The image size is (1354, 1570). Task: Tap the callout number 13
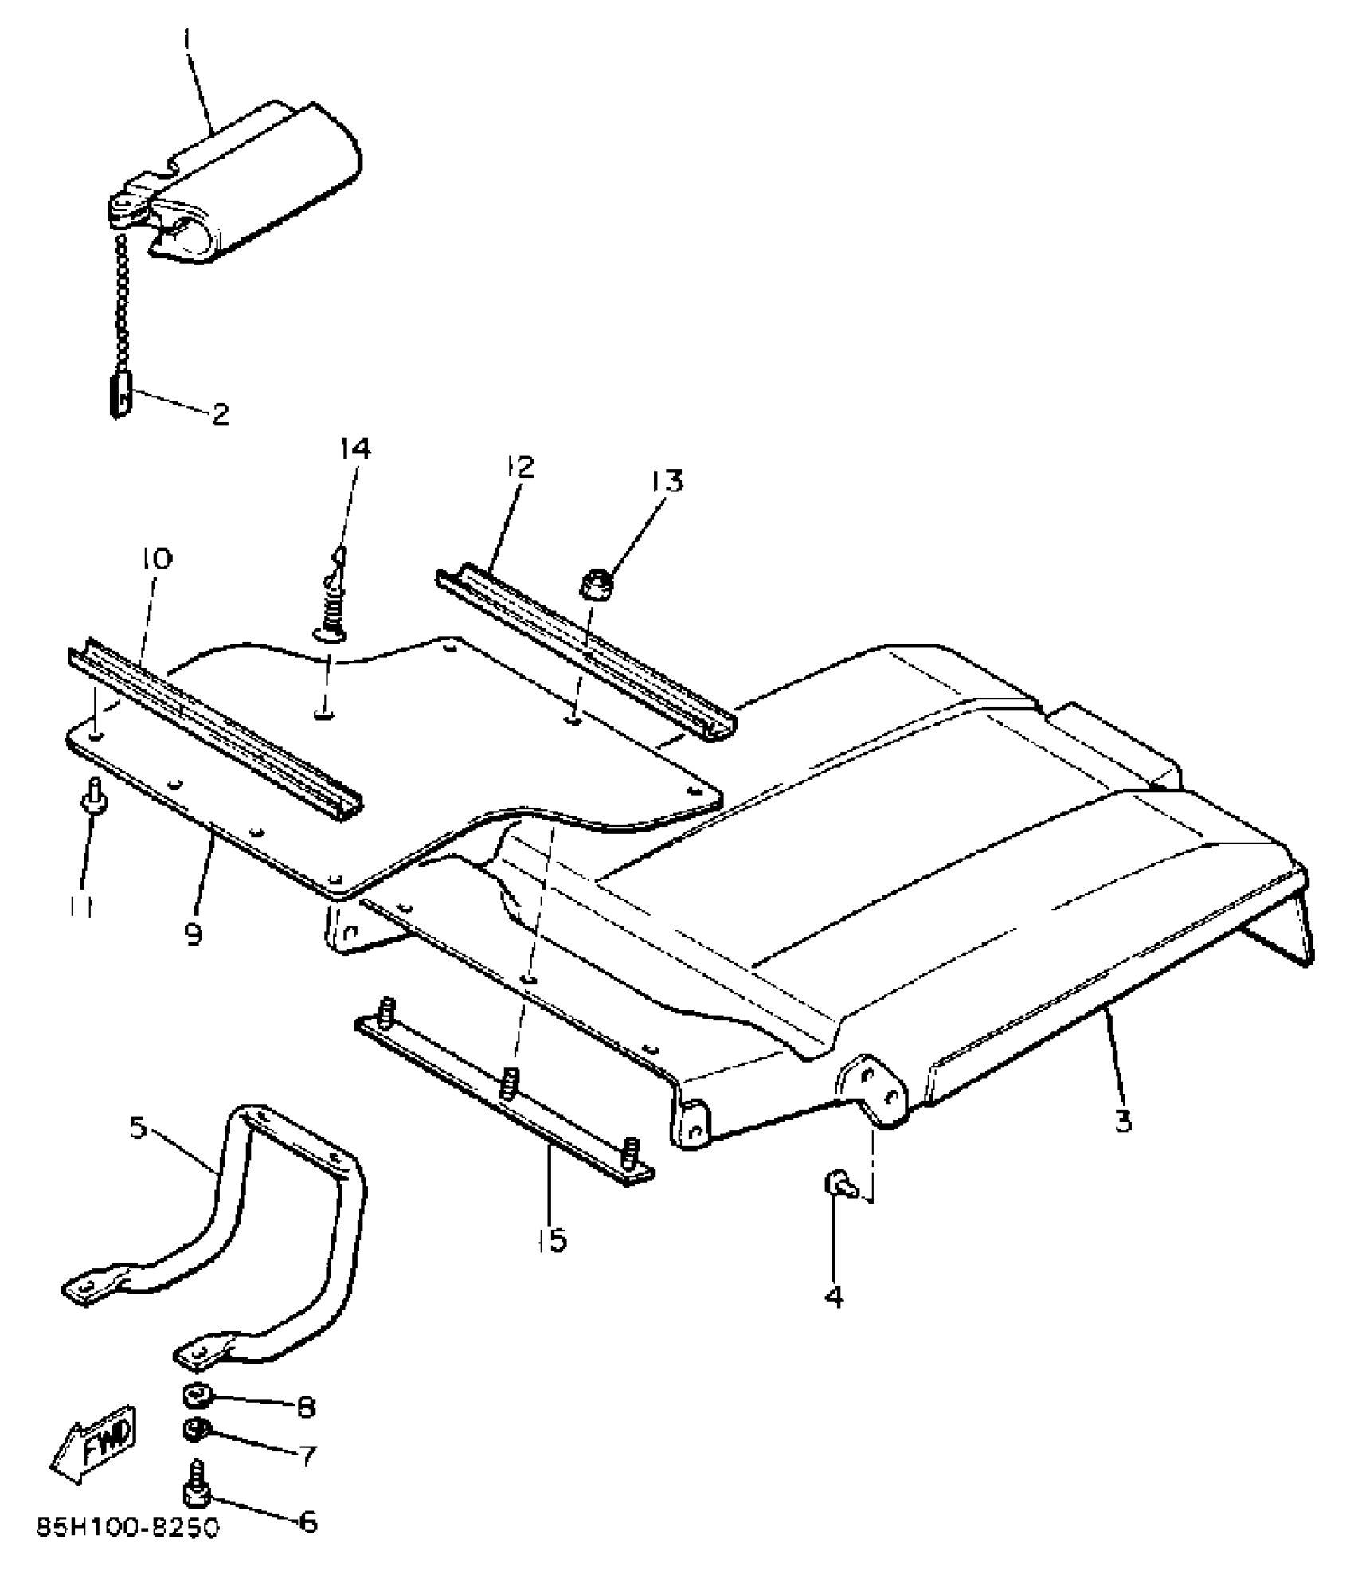coord(665,481)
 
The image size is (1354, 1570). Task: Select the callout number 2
coord(219,413)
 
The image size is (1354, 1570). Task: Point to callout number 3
coord(1121,1122)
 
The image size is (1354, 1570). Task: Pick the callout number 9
coord(194,933)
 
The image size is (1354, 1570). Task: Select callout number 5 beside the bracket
coord(139,1129)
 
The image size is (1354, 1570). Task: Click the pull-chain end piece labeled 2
coord(119,396)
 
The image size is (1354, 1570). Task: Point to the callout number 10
coord(157,560)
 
